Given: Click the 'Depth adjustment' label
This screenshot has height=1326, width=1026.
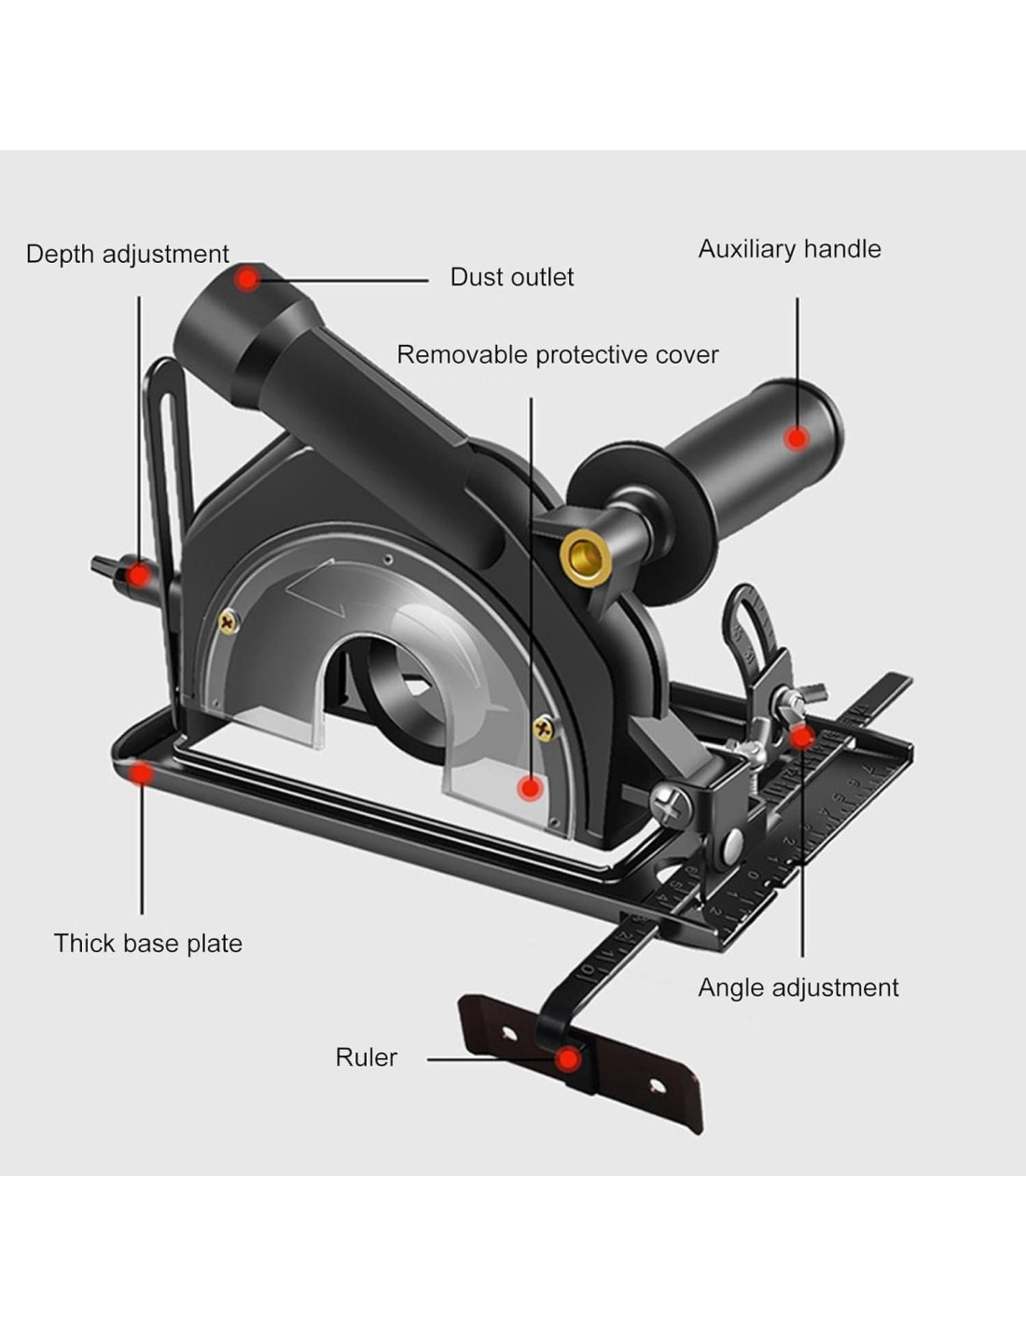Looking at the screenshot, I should pos(127,254).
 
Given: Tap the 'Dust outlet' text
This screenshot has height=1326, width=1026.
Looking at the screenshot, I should pos(511,277).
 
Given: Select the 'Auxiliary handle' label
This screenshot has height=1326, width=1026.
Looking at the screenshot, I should pos(789,249).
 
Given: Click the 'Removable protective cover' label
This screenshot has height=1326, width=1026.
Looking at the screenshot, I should pos(557,354).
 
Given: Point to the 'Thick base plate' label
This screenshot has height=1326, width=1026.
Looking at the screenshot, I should pos(147,943).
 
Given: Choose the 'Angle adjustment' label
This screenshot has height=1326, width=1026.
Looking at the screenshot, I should pos(797,988).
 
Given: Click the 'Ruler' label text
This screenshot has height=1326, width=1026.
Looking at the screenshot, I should pos(366,1057).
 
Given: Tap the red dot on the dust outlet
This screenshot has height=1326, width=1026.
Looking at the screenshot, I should pos(247,278).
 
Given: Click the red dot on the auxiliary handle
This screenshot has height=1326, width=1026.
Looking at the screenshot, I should pos(796,436).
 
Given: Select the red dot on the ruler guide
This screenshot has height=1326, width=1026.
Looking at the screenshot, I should pos(566,1059).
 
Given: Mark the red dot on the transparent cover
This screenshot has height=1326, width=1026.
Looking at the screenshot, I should pos(531,788).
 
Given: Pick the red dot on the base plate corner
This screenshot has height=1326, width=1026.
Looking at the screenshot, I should pos(142,773).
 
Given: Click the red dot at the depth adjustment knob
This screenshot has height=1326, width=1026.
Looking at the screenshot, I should pos(138,574).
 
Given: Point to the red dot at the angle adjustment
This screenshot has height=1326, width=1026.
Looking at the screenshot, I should pos(802,738).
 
